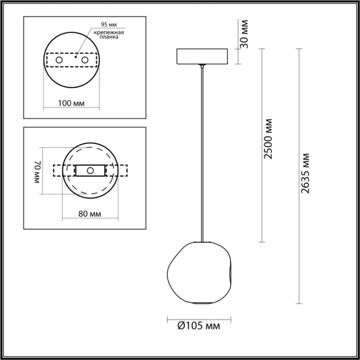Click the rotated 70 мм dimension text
[37, 171]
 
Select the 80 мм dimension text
[91, 214]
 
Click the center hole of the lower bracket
[91, 170]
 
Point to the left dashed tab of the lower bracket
[59, 170]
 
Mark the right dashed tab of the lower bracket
[122, 170]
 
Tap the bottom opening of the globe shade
[202, 302]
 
